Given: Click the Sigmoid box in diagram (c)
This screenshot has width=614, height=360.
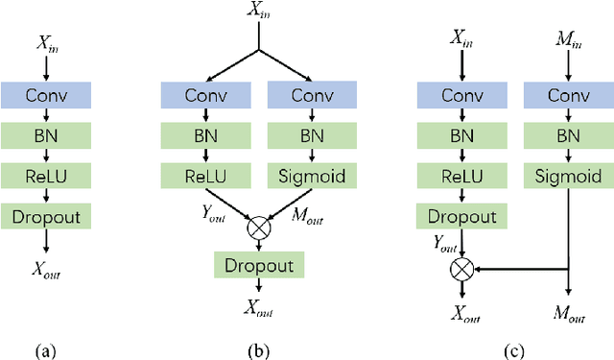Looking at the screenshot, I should pos(569,176).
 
